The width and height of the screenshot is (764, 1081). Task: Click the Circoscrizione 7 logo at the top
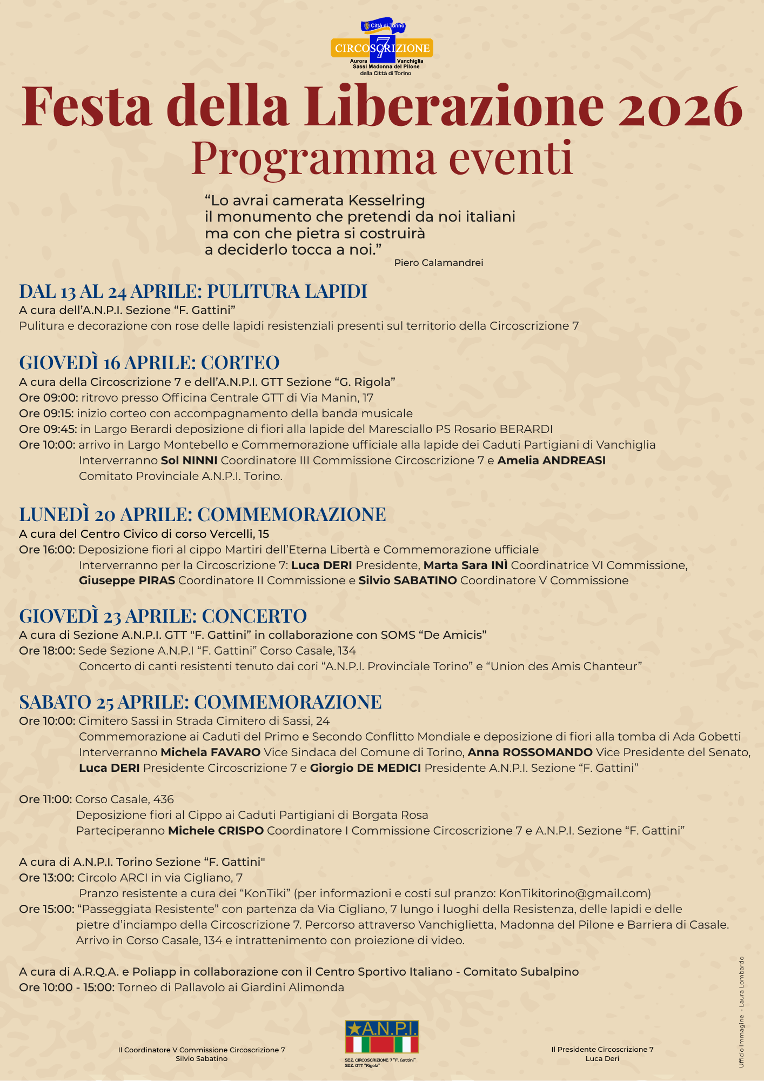(x=382, y=48)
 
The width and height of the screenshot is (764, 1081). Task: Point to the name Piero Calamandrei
(x=438, y=263)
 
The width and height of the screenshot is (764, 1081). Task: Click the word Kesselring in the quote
(x=386, y=201)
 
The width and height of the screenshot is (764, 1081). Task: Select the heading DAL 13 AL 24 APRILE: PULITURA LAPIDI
(x=193, y=291)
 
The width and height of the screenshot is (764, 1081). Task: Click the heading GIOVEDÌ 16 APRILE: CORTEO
(x=149, y=362)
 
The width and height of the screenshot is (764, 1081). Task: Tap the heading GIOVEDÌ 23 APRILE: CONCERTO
(x=163, y=616)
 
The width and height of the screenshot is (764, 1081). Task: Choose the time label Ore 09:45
(x=48, y=429)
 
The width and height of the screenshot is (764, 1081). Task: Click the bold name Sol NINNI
(x=189, y=461)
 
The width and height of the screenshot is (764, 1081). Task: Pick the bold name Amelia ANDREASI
(x=551, y=461)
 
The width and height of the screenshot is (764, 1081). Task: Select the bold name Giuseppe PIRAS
(x=127, y=580)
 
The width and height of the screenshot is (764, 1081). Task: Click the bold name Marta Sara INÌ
(x=465, y=565)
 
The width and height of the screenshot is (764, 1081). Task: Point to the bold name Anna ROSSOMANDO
(x=530, y=752)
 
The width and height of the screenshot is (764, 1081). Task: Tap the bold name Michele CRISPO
(x=216, y=830)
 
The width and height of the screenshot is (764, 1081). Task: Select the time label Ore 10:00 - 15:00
(x=66, y=987)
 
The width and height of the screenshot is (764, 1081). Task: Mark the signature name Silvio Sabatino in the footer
(x=202, y=1058)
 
